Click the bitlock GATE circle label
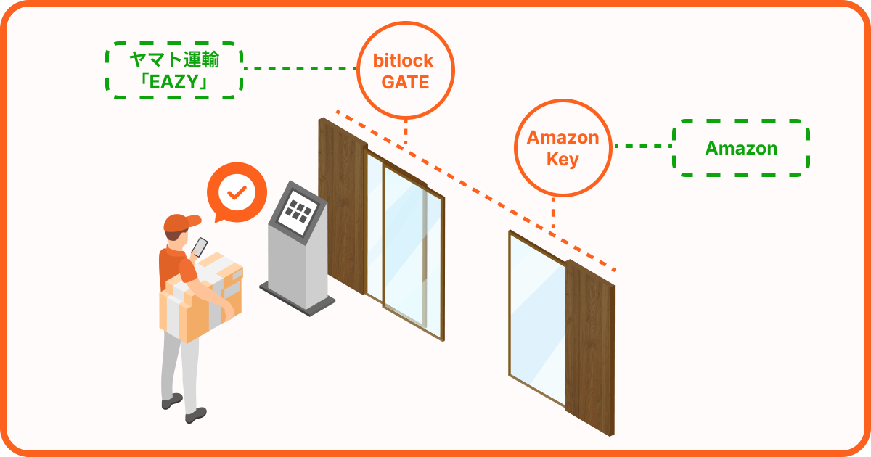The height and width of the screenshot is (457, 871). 405,70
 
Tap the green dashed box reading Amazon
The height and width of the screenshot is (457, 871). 741,149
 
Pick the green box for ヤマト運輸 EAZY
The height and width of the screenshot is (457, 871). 174,70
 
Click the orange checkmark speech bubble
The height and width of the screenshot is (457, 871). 236,192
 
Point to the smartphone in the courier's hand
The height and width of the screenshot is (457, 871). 200,246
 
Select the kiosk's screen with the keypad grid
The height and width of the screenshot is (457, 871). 298,211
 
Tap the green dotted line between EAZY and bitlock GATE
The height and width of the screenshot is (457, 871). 300,69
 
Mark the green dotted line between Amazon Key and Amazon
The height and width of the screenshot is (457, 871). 643,147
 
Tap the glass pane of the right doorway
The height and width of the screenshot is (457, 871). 537,319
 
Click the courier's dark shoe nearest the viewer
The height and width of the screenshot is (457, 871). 195,416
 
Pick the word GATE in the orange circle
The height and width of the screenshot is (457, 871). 406,83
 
